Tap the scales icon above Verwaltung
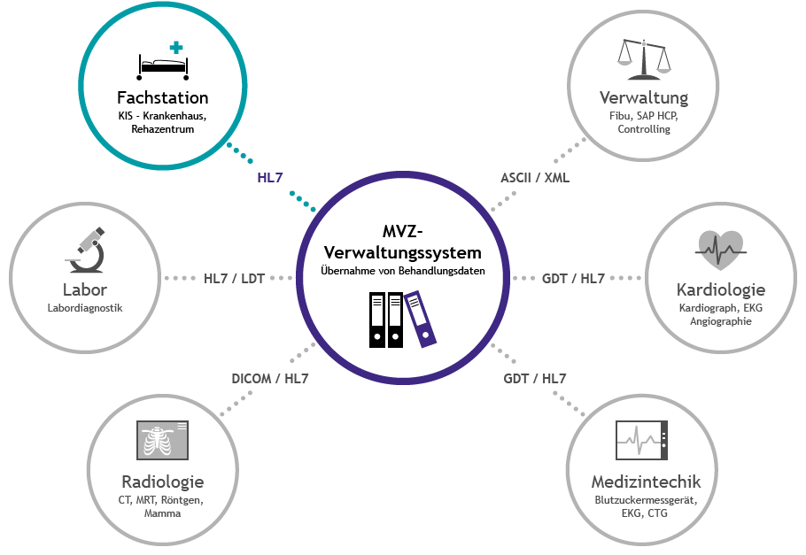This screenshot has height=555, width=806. coord(643,57)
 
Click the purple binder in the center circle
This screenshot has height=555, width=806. coord(421,318)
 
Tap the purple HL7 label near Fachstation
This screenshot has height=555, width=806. coord(270,177)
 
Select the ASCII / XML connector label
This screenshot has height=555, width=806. coord(535,177)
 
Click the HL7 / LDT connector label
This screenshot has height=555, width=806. coord(234,278)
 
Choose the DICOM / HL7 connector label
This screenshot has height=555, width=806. coord(270,379)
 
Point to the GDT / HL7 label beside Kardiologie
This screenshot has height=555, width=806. coord(573,278)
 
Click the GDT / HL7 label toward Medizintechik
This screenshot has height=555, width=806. coord(535,379)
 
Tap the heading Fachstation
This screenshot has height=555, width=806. coord(163,97)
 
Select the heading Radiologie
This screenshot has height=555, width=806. coord(162,482)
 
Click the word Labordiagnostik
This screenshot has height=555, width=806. coord(85,308)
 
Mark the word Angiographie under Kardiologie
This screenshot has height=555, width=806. coord(720,321)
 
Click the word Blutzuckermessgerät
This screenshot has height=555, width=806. coord(646,500)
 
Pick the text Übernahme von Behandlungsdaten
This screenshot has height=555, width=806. coord(403,271)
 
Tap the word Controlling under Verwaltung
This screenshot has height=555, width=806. coord(644,129)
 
